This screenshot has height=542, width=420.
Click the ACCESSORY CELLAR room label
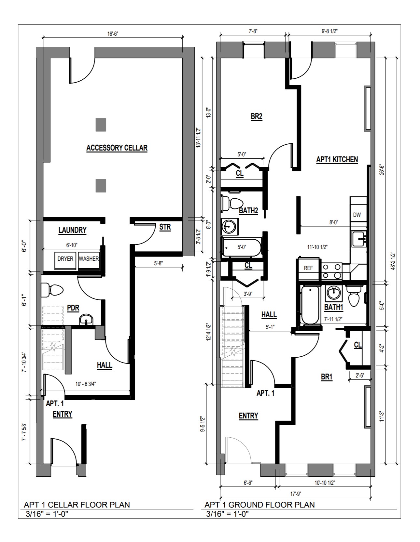(117, 148)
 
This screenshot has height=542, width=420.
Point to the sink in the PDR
(86, 320)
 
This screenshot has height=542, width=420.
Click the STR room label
(165, 227)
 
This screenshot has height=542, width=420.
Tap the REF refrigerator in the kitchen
(308, 268)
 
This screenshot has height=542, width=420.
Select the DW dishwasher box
(357, 215)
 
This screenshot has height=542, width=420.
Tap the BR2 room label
(257, 116)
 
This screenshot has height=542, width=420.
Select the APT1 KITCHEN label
(337, 160)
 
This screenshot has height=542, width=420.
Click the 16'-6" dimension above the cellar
(113, 33)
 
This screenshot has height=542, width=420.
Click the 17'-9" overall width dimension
(296, 494)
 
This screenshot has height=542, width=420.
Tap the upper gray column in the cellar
(101, 125)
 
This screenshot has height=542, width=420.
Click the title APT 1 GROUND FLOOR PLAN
(259, 505)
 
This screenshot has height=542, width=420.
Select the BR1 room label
(327, 377)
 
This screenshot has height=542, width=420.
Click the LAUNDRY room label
(73, 230)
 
